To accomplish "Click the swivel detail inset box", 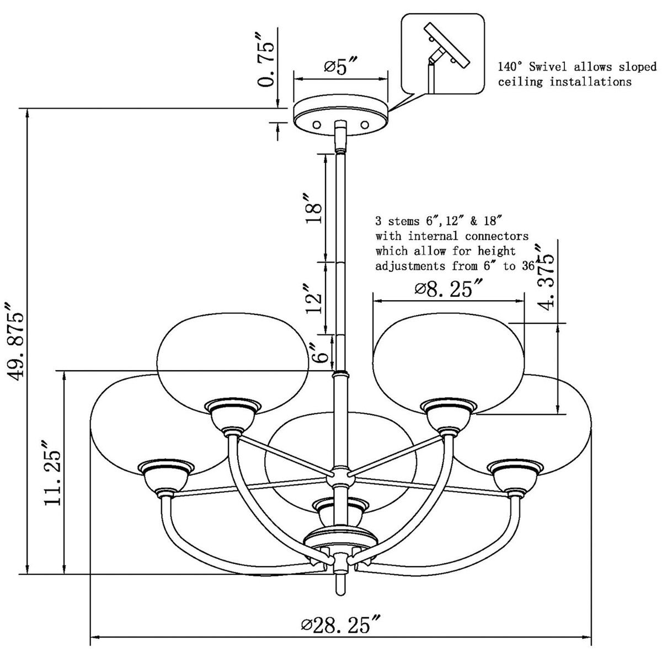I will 443,54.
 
